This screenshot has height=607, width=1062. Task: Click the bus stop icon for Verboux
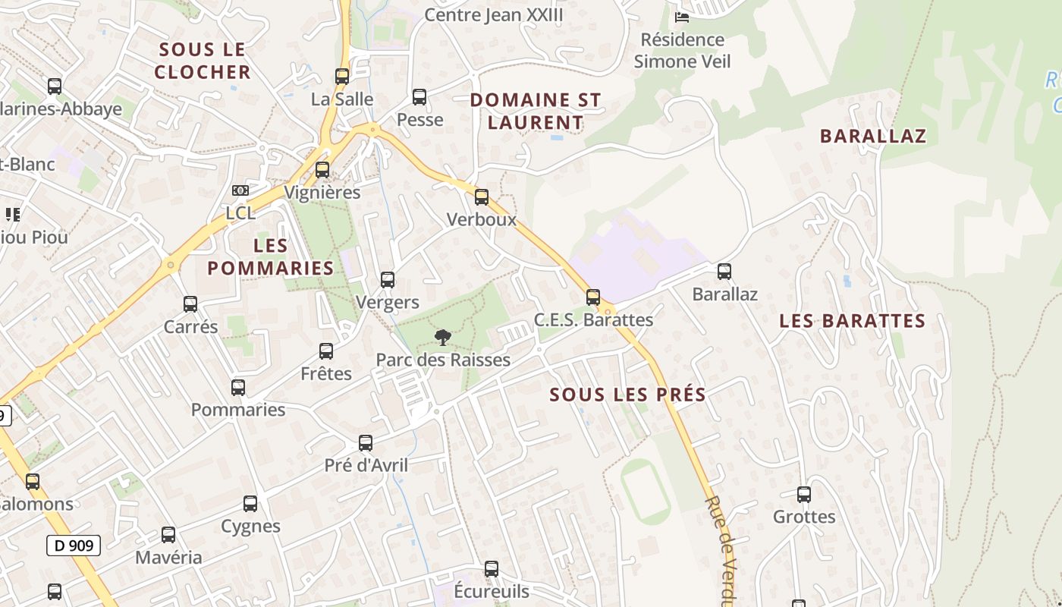click(482, 197)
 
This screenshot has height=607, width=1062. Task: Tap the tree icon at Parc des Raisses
click(442, 337)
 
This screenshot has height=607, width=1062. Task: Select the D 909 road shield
click(74, 545)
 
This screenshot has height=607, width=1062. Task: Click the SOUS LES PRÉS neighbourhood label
click(627, 395)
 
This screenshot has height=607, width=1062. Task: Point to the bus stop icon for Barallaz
click(724, 271)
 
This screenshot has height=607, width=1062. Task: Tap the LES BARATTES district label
click(852, 321)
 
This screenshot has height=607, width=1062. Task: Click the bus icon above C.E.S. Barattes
click(593, 297)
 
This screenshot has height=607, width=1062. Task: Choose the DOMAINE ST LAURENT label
click(536, 111)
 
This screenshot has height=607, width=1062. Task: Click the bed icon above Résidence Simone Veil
click(682, 17)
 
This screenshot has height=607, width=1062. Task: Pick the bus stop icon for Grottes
click(804, 495)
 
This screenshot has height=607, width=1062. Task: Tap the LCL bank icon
click(240, 190)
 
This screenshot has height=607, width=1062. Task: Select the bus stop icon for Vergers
click(388, 279)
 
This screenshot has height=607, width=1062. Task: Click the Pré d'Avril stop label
click(366, 465)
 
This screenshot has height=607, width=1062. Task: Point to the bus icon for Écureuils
click(492, 568)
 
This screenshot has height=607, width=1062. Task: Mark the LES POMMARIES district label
click(271, 256)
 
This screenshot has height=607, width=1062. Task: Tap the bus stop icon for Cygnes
click(250, 503)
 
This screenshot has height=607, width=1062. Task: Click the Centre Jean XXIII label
click(494, 14)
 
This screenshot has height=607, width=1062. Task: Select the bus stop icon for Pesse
click(419, 96)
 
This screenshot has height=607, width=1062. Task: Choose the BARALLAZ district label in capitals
click(873, 137)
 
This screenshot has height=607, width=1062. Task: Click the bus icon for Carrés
click(190, 303)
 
